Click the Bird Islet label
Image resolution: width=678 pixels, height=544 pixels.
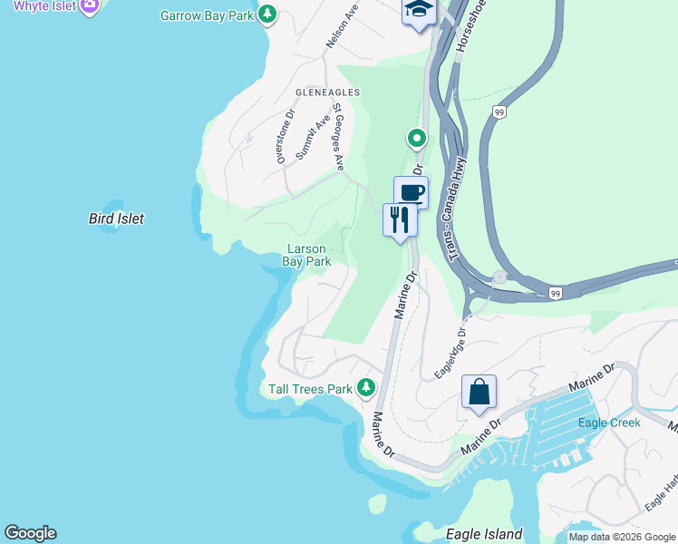pos(116,219)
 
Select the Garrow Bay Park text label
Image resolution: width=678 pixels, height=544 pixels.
pos(207,15)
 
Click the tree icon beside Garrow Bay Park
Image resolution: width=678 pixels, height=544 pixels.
pos(267,15)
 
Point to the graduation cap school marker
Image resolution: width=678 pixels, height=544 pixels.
pos(419,11)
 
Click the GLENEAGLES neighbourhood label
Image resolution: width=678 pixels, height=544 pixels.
pos(327,92)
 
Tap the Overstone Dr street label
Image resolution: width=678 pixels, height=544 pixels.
pos(285,137)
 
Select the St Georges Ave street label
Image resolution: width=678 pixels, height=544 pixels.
pos(338,136)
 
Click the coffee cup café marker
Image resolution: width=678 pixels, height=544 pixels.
pos(411,193)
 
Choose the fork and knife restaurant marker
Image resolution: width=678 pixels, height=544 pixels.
pos(400,219)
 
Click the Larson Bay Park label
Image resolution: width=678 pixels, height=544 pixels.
pos(306,255)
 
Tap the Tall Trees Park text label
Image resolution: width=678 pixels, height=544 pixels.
pos(310,389)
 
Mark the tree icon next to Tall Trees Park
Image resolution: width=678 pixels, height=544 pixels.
pos(366,388)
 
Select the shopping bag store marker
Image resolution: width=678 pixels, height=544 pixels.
pos(479,392)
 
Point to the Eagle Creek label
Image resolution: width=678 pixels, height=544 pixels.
pos(609,423)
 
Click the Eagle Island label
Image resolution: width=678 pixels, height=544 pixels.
pos(484,534)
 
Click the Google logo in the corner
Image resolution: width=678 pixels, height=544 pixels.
pos(30,533)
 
